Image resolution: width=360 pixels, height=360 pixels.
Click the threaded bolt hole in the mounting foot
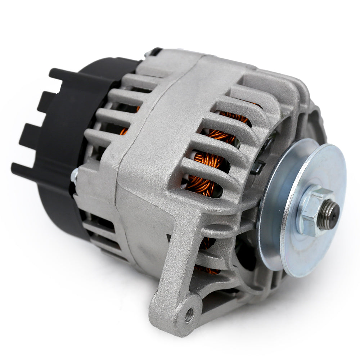click(189, 316)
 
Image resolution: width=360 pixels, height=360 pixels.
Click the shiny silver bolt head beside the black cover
click(75, 175)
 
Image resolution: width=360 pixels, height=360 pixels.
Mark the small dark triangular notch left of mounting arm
click(169, 238)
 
